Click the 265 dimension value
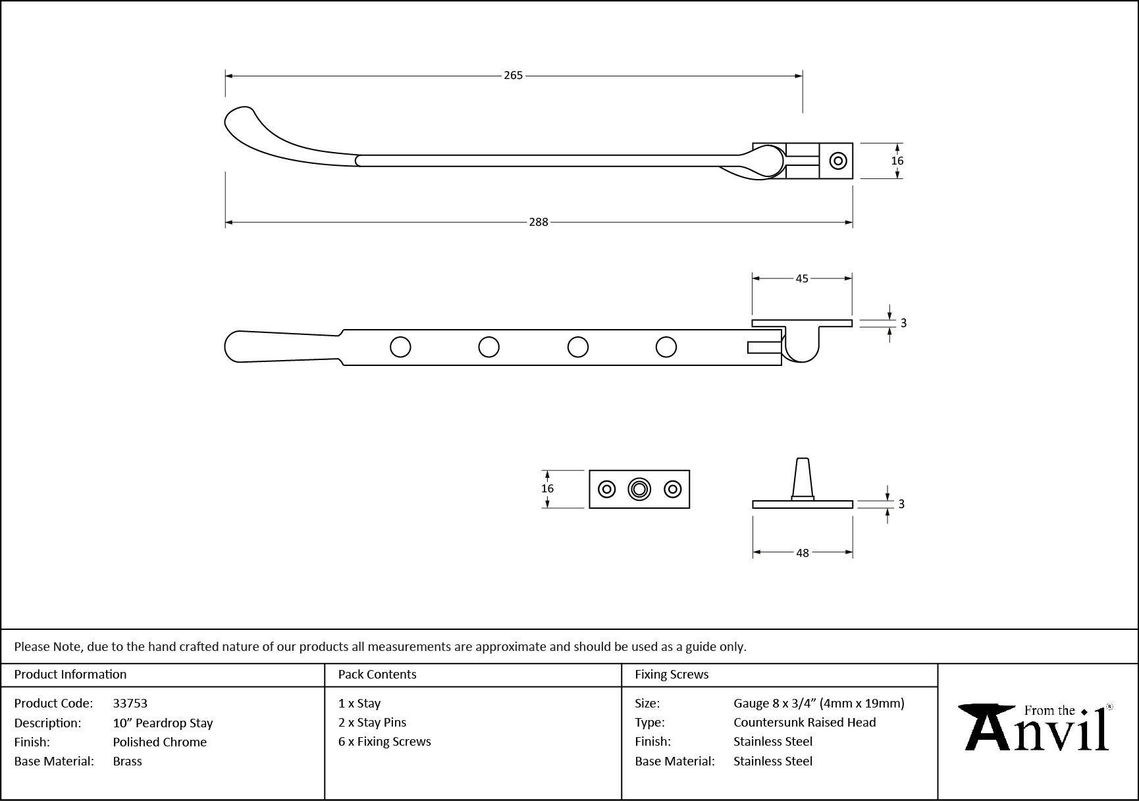513,76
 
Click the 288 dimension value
538,222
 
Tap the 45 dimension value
801,278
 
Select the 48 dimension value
802,553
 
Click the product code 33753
130,704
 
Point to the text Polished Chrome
159,742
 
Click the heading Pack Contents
377,675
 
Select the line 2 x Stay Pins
372,723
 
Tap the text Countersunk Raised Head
805,723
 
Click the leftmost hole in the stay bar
400,347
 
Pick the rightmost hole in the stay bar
666,347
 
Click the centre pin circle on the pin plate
639,489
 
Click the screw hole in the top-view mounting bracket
837,161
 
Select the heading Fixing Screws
672,675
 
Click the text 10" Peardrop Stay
163,723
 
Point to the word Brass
127,762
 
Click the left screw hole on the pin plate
606,489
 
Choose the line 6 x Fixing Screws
384,742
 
